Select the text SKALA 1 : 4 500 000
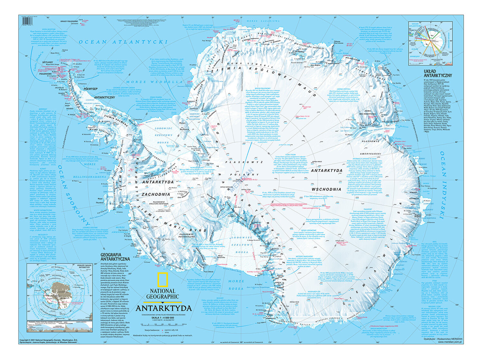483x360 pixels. coord(164,317)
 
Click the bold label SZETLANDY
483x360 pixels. coord(48,62)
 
